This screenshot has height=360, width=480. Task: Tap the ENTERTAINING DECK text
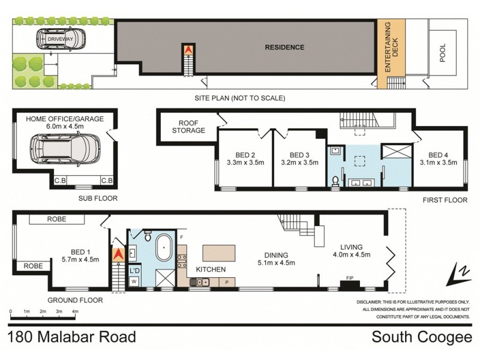[391, 47]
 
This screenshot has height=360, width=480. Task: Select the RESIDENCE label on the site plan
[285, 47]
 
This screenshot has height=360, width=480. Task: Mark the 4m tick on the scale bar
[75, 312]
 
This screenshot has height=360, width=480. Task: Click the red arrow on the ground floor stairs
[118, 254]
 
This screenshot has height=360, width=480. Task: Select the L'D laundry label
[135, 268]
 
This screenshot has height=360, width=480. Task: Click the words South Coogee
[422, 337]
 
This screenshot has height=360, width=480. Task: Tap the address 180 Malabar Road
[72, 337]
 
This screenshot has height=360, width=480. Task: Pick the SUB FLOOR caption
[97, 198]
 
